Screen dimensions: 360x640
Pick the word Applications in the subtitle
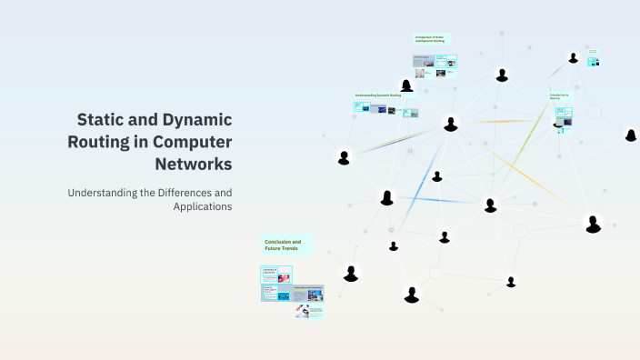click(x=202, y=206)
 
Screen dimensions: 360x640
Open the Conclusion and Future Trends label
click(x=284, y=245)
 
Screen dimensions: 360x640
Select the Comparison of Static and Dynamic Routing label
click(x=431, y=39)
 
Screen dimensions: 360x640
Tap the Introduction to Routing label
click(x=560, y=95)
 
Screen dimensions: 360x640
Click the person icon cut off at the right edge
click(x=631, y=135)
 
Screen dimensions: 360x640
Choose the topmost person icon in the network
click(x=573, y=58)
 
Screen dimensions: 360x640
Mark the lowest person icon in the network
click(x=412, y=295)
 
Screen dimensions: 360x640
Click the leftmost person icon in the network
click(x=344, y=158)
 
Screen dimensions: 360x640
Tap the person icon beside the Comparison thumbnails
click(x=406, y=85)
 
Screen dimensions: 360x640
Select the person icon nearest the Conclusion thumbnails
click(x=351, y=274)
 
